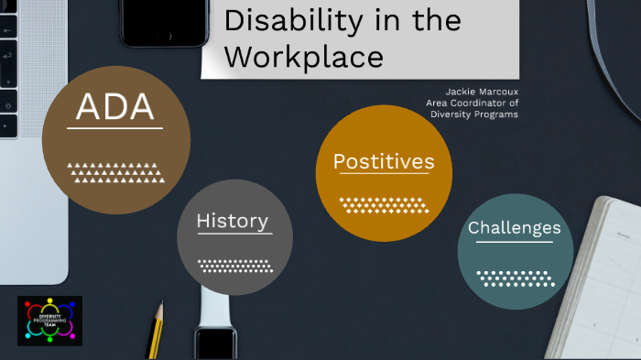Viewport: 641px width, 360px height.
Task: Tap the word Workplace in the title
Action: click(304, 56)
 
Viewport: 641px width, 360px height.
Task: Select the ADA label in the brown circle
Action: click(114, 107)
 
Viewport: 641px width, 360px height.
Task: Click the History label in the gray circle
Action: click(233, 221)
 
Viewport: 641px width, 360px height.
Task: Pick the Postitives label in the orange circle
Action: click(384, 161)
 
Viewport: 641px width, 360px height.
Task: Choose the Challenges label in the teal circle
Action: click(515, 227)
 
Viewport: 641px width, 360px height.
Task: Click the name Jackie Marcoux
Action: click(482, 92)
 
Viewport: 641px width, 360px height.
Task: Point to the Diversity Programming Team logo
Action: click(49, 320)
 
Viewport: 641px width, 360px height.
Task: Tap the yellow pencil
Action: click(156, 331)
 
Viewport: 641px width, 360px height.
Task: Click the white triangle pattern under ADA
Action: click(116, 171)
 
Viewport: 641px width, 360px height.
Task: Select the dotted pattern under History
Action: click(234, 266)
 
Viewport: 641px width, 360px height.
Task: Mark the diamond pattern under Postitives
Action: click(384, 204)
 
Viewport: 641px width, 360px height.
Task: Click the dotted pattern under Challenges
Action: click(515, 277)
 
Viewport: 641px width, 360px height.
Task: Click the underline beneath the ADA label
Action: click(114, 128)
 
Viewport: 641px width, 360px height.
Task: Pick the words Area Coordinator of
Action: click(473, 103)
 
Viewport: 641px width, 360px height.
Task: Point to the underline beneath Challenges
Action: click(515, 242)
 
